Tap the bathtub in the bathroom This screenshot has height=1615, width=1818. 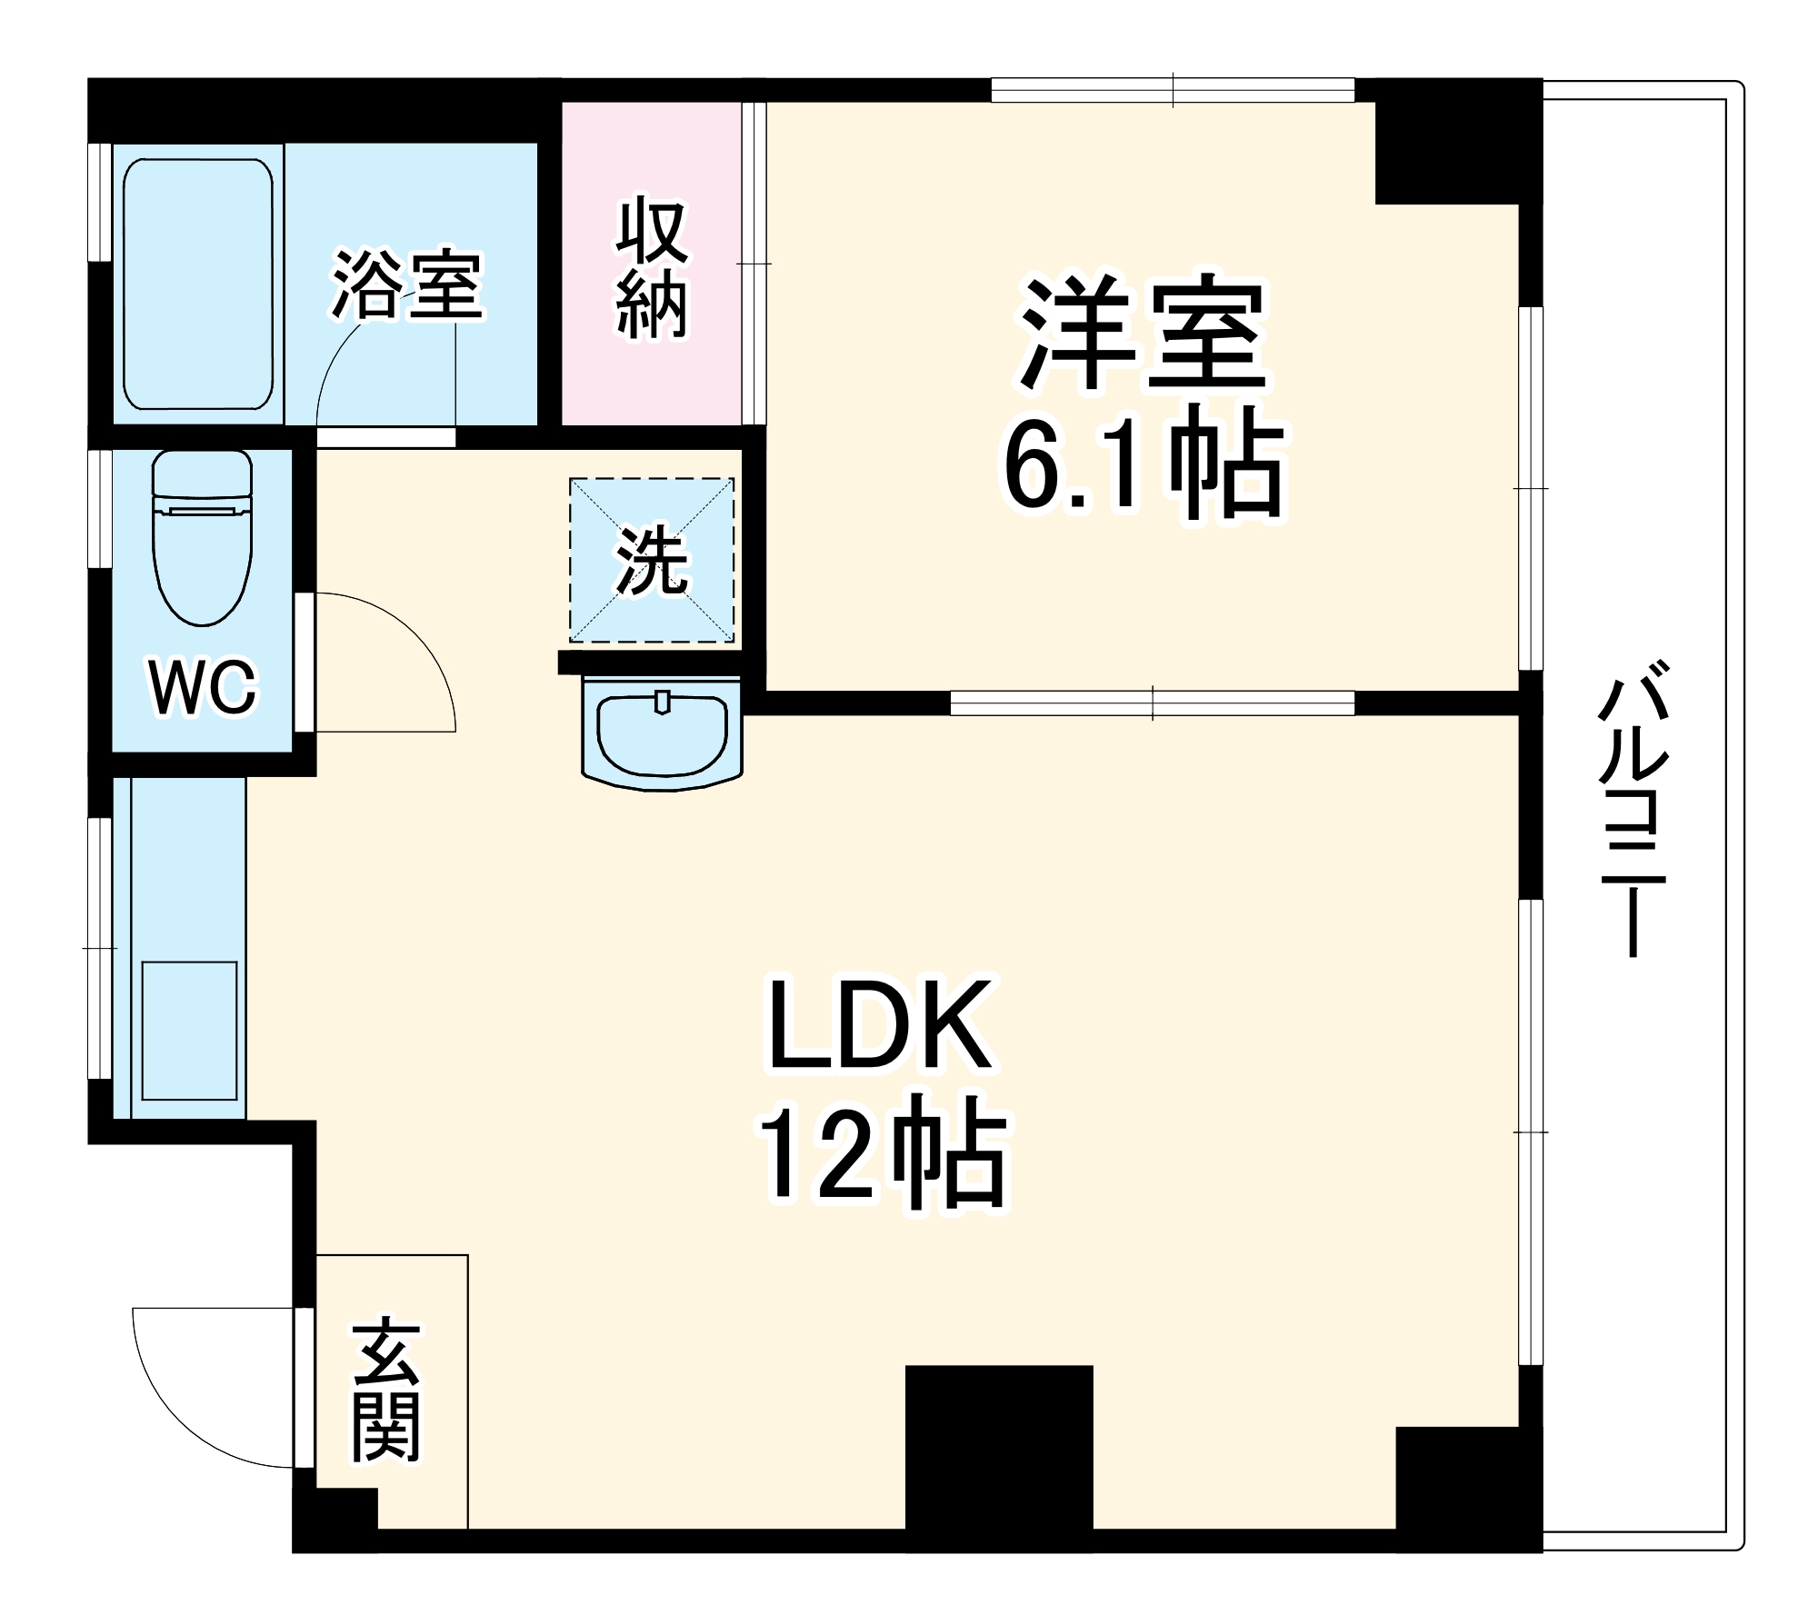point(197,284)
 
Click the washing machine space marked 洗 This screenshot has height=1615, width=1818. point(652,560)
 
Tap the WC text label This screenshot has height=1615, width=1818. point(204,688)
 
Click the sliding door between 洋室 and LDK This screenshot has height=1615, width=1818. point(1152,703)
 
